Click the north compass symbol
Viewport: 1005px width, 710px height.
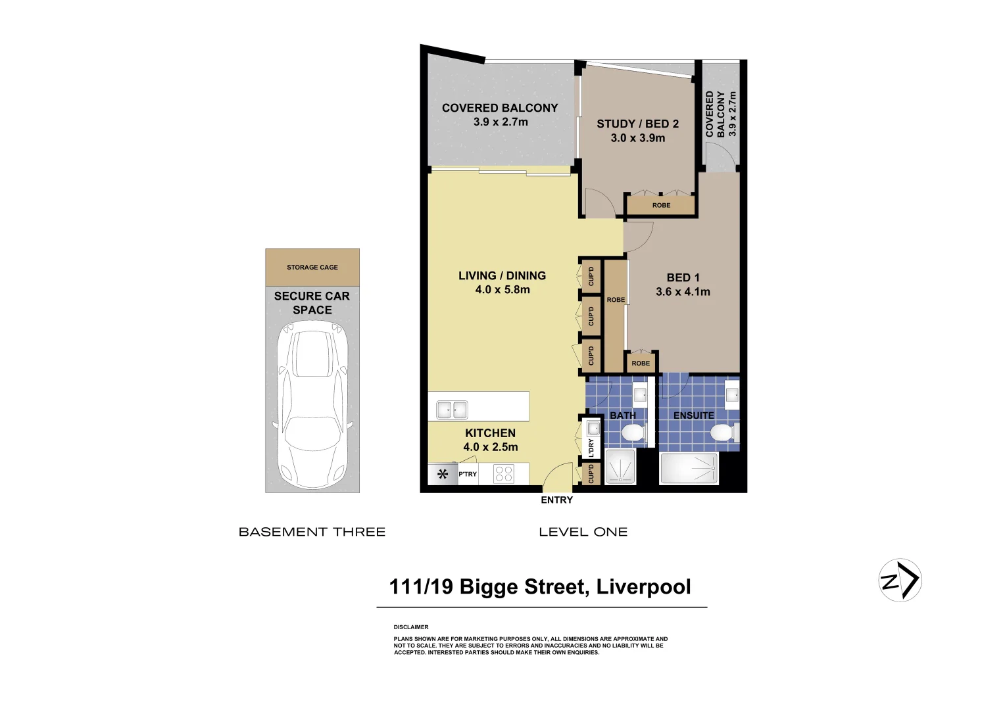[900, 580]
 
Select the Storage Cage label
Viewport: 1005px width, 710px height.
[312, 268]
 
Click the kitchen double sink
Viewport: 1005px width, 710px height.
[452, 410]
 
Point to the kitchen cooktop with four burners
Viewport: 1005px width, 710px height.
[504, 474]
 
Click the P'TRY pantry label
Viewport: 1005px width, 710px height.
[468, 474]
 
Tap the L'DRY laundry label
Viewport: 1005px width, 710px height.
[591, 448]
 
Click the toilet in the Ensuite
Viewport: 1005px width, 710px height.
[722, 433]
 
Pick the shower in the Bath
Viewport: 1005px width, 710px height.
[620, 467]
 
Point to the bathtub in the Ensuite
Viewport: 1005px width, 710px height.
[689, 469]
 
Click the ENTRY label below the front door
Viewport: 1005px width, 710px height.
[556, 500]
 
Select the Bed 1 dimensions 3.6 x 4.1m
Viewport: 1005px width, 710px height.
[683, 292]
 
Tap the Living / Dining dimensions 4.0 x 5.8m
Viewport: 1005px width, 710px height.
[502, 290]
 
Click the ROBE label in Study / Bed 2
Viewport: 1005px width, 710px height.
[661, 206]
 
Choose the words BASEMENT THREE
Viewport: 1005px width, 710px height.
[312, 532]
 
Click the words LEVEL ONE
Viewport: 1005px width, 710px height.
[583, 532]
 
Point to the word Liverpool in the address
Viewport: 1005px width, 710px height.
[643, 586]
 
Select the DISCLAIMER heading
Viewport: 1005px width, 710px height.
[411, 627]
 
